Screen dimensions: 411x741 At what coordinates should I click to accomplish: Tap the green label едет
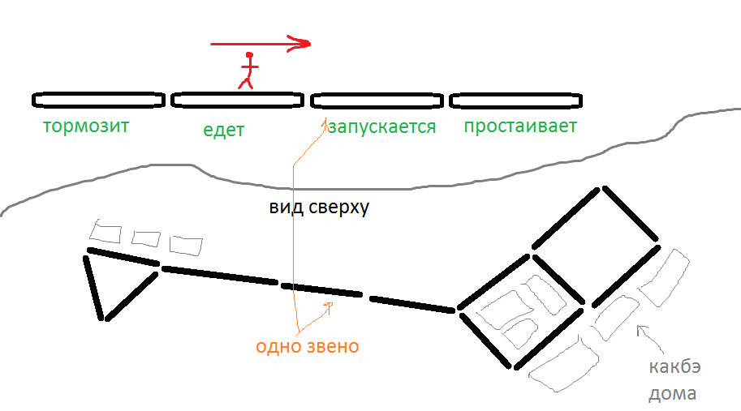225,130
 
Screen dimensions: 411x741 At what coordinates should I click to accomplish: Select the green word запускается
381,127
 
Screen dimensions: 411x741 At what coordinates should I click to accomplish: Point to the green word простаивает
519,126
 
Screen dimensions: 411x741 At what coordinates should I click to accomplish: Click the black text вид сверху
319,207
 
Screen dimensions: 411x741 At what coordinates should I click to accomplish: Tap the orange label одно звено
308,347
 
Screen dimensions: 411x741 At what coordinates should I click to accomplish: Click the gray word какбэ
674,366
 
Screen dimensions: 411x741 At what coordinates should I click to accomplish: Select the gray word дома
672,394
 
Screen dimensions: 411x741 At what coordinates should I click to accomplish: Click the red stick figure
248,71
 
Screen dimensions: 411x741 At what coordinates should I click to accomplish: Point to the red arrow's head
304,43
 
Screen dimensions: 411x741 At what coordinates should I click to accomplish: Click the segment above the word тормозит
98,100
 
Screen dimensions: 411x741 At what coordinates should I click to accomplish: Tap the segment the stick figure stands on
237,100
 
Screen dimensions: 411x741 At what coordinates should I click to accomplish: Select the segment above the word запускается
377,100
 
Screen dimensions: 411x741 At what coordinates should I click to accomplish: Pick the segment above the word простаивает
516,100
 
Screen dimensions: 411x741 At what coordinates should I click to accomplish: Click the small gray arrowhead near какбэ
641,329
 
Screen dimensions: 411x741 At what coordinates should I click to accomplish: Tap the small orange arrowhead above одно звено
329,306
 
